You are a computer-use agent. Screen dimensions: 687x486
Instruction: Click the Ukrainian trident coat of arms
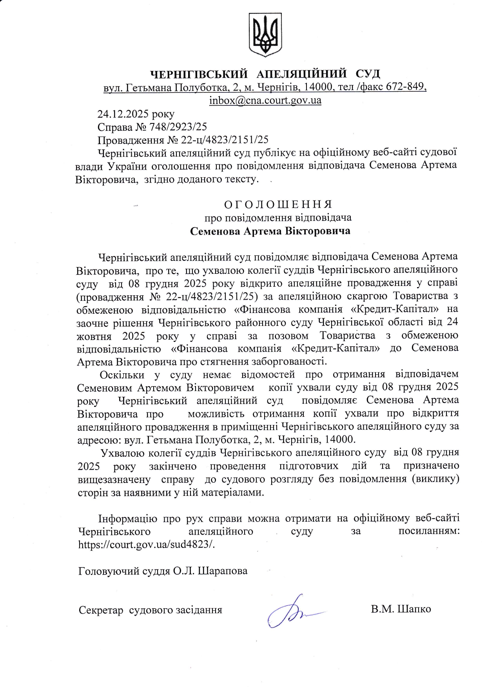265,35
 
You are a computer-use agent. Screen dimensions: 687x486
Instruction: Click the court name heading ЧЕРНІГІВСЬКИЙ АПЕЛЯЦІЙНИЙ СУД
265,74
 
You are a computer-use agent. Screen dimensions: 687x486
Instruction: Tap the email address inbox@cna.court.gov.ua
265,100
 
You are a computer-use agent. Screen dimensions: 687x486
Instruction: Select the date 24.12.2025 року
136,114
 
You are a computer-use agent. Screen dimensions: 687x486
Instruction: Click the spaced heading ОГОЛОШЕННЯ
278,204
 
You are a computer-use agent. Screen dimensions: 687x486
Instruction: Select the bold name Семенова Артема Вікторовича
270,231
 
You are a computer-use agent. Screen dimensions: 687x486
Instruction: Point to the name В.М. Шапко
401,609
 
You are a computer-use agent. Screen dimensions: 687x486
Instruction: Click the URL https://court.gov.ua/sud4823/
147,545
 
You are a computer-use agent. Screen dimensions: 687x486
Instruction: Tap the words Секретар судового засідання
150,610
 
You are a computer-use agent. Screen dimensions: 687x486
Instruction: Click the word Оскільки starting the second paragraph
122,375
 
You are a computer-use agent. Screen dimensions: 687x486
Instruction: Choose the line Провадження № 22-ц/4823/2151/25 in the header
183,140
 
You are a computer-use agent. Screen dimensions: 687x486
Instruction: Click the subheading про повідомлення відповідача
278,218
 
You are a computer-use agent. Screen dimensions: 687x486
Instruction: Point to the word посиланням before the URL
429,532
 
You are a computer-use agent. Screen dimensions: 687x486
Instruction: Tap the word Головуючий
103,571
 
